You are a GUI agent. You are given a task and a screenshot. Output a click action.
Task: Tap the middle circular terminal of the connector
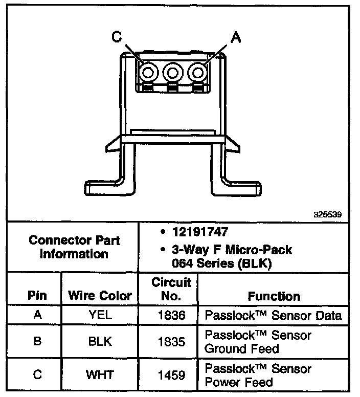point(172,73)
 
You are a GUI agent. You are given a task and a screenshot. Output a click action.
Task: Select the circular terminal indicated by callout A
point(197,73)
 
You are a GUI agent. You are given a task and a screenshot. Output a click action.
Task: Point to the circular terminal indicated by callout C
point(148,73)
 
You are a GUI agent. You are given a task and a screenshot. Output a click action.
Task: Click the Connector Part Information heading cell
point(74,247)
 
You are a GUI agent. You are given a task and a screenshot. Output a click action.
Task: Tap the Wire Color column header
point(100,296)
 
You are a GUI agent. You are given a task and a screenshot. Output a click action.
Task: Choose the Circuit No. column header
point(171,289)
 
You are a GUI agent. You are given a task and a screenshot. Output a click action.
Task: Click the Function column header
point(274,296)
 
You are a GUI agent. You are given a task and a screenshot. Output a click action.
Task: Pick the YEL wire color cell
point(100,315)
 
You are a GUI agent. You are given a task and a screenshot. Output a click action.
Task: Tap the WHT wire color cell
point(100,375)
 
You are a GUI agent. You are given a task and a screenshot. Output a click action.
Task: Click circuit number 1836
point(171,315)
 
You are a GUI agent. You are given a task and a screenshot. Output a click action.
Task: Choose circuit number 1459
point(171,375)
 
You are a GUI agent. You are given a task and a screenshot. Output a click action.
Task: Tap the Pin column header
point(37,296)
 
